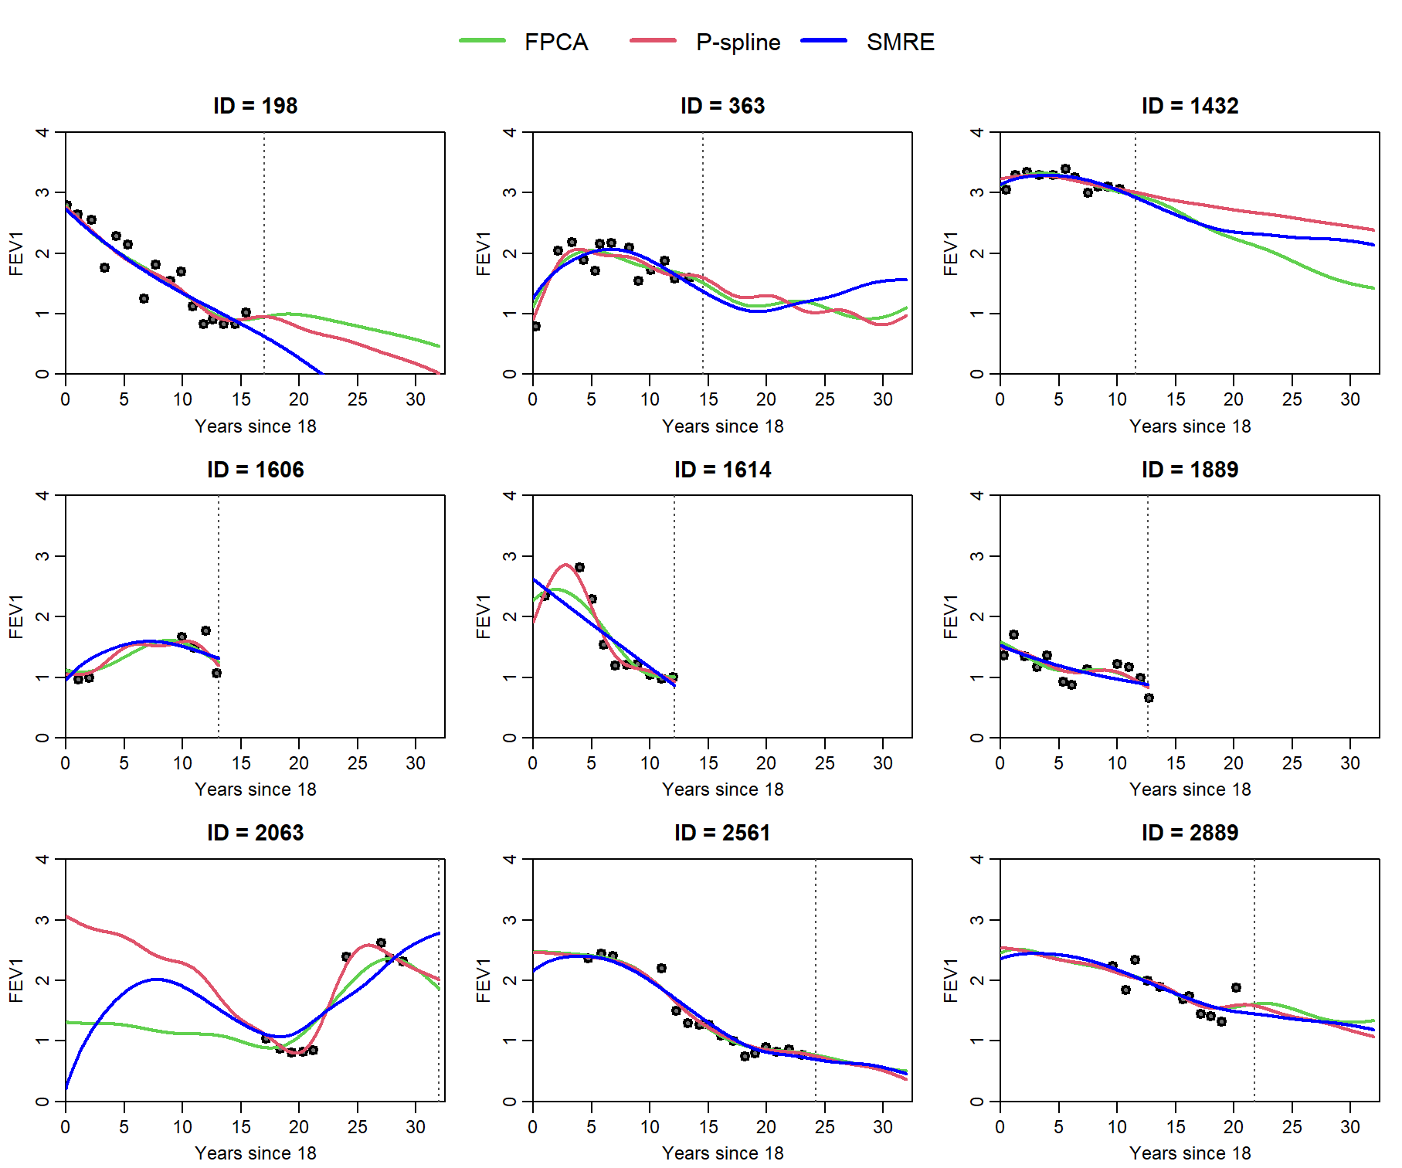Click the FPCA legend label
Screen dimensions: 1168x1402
(x=555, y=42)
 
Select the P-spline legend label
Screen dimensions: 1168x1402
(x=738, y=42)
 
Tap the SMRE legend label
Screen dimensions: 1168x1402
(x=900, y=42)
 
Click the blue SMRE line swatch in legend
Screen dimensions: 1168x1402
(x=824, y=41)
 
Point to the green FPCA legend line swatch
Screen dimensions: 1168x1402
(x=482, y=41)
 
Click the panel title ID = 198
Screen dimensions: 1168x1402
(x=255, y=106)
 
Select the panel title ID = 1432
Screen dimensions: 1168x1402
(x=1190, y=106)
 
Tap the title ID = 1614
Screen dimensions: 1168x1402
(x=722, y=470)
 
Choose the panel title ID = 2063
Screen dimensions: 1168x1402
(x=255, y=833)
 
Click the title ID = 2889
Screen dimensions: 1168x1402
(x=1190, y=833)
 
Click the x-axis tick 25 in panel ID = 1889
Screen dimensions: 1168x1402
(x=1292, y=763)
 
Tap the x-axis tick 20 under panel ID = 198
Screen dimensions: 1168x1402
(x=299, y=399)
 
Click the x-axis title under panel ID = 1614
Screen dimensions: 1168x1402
(x=722, y=789)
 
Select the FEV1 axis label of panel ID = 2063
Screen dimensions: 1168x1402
(x=16, y=980)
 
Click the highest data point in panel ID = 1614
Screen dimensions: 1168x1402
(x=579, y=567)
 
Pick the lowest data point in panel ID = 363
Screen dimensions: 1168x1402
(x=535, y=326)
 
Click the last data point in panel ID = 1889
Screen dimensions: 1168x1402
(x=1149, y=698)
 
